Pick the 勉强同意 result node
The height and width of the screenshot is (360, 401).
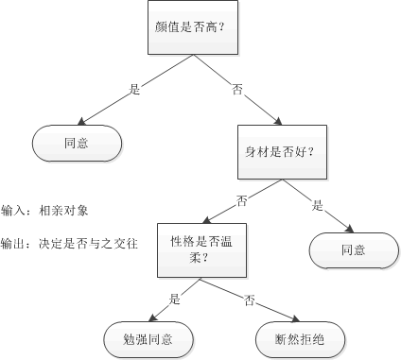coord(149,338)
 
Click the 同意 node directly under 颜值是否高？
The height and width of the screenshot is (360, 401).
coord(78,144)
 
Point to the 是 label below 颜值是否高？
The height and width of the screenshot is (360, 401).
coord(134,91)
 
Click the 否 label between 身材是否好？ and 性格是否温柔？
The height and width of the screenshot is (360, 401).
coord(242,199)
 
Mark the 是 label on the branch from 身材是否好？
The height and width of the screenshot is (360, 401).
coord(318,203)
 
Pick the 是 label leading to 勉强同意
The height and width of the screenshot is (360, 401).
coord(175,300)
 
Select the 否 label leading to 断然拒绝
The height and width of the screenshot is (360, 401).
coord(250,300)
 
